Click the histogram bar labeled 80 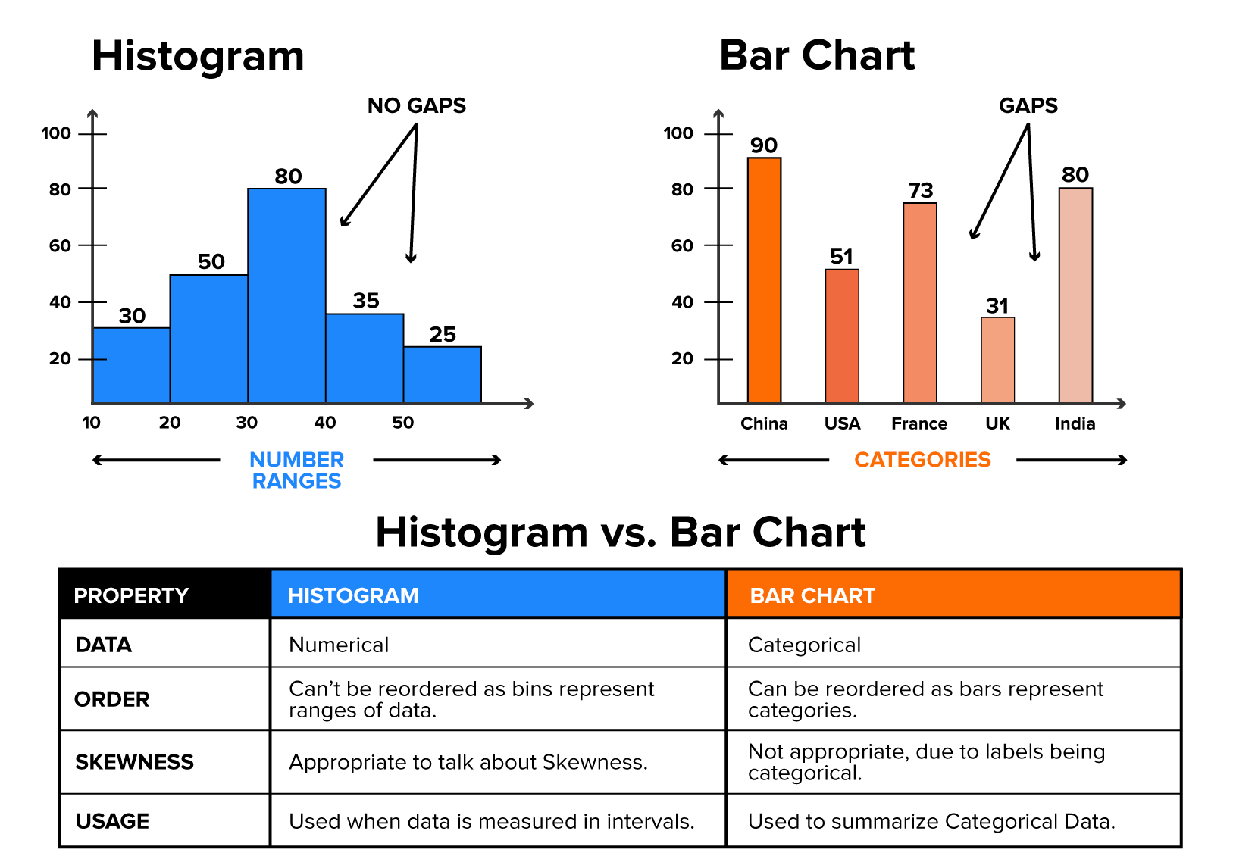[286, 295]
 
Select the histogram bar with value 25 [442, 374]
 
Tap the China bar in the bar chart [764, 280]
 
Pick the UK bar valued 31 [997, 360]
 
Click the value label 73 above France [920, 190]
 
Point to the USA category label [842, 423]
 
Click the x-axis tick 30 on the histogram [247, 423]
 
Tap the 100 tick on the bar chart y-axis [678, 133]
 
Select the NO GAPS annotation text [416, 105]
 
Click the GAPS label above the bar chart [1028, 105]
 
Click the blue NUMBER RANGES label [296, 470]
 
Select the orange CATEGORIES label [922, 460]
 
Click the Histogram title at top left [198, 56]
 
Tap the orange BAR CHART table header [953, 595]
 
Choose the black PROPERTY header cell [164, 595]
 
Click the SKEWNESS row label [134, 762]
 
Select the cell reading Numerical [339, 645]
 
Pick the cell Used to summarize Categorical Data [931, 821]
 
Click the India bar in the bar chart [1075, 295]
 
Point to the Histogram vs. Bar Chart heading [620, 532]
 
